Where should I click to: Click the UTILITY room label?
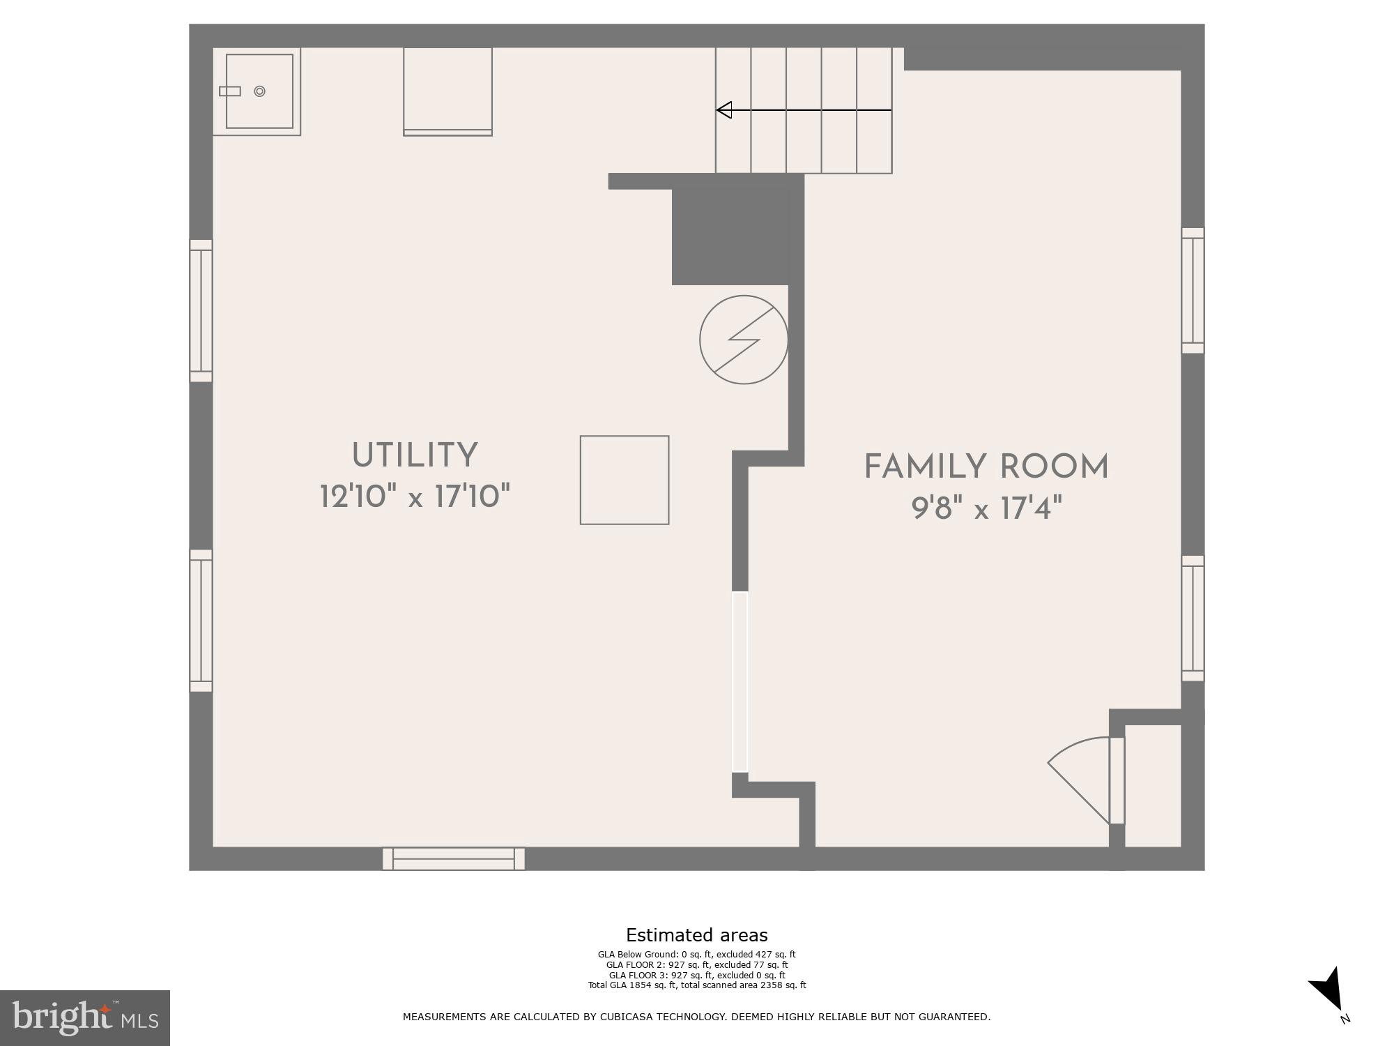pyautogui.click(x=415, y=456)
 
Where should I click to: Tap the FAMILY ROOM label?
pyautogui.click(x=986, y=467)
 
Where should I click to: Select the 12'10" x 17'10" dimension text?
pyautogui.click(x=415, y=497)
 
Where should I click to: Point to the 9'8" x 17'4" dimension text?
pyautogui.click(x=986, y=509)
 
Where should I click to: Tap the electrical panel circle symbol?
pyautogui.click(x=744, y=340)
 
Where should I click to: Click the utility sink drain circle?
pyautogui.click(x=259, y=91)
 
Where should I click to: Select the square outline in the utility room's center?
pyautogui.click(x=625, y=480)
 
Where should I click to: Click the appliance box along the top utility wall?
pyautogui.click(x=447, y=91)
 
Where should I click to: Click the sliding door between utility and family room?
pyautogui.click(x=740, y=682)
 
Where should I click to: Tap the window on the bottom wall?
pyautogui.click(x=453, y=858)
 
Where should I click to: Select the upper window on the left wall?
pyautogui.click(x=201, y=311)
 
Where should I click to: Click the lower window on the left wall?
pyautogui.click(x=201, y=621)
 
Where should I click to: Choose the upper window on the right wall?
pyautogui.click(x=1193, y=290)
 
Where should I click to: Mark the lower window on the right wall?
pyautogui.click(x=1193, y=618)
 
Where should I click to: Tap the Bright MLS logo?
pyautogui.click(x=84, y=1018)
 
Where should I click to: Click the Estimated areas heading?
pyautogui.click(x=696, y=935)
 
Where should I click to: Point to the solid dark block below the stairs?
pyautogui.click(x=729, y=234)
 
